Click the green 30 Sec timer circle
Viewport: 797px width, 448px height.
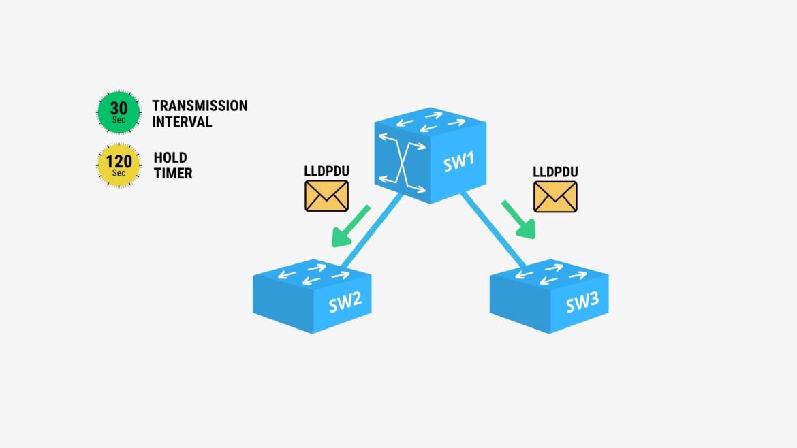click(119, 112)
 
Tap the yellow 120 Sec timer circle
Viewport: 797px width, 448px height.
click(119, 165)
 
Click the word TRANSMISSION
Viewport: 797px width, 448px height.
click(200, 106)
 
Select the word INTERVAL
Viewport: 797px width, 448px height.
click(182, 122)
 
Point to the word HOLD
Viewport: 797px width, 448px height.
click(170, 157)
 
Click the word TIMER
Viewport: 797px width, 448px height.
click(173, 173)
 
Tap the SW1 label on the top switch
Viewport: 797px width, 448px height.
click(459, 161)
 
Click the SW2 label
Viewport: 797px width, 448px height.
click(345, 302)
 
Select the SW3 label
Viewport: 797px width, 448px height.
click(582, 302)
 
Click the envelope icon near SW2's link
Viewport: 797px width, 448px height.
click(326, 196)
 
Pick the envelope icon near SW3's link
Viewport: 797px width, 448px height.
click(556, 197)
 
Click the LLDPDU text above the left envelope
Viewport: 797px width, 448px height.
click(327, 171)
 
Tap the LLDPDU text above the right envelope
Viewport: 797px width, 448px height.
click(556, 172)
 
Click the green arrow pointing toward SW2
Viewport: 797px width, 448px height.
click(349, 227)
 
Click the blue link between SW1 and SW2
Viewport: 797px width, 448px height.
click(372, 231)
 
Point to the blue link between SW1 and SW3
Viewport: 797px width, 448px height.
click(494, 229)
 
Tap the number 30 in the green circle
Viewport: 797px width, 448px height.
click(119, 108)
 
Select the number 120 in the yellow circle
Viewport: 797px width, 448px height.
click(119, 161)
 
